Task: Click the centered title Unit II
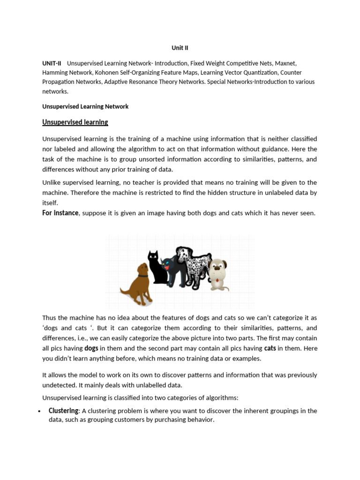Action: click(x=180, y=48)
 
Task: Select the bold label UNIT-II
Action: click(x=52, y=63)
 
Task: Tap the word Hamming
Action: click(x=55, y=73)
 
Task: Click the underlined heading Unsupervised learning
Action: click(x=75, y=122)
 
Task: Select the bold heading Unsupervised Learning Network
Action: click(x=85, y=106)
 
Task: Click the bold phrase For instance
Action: click(x=60, y=213)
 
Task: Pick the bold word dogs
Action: click(x=91, y=348)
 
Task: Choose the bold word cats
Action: click(x=270, y=348)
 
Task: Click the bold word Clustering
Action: click(x=63, y=411)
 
